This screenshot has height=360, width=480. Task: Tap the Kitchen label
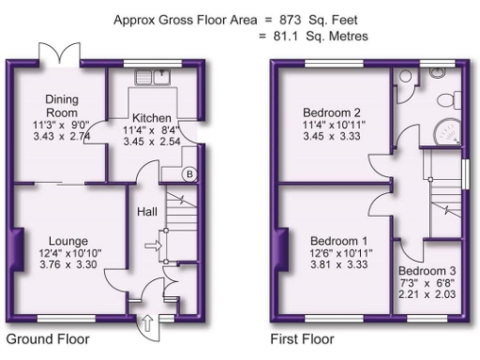[151, 117]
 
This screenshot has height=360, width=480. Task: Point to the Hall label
[147, 211]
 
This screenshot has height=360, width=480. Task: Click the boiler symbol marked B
[190, 173]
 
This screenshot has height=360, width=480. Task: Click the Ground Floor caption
[49, 338]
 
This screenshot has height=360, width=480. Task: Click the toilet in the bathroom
[405, 78]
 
